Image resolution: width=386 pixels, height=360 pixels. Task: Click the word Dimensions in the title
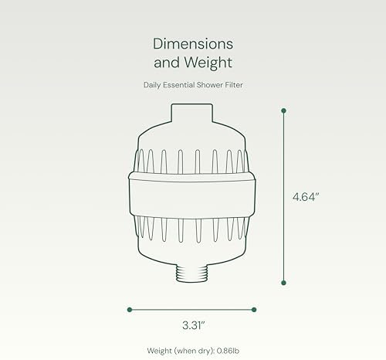coord(193,44)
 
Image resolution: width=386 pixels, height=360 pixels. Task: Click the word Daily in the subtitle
coord(152,85)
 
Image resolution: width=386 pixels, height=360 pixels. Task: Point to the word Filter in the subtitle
coord(234,85)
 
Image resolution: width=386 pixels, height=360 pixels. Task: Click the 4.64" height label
coord(306,197)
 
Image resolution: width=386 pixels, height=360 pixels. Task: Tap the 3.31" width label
coord(194,325)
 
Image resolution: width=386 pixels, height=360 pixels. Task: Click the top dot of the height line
coord(284,110)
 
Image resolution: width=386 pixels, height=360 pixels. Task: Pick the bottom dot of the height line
coord(284,283)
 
